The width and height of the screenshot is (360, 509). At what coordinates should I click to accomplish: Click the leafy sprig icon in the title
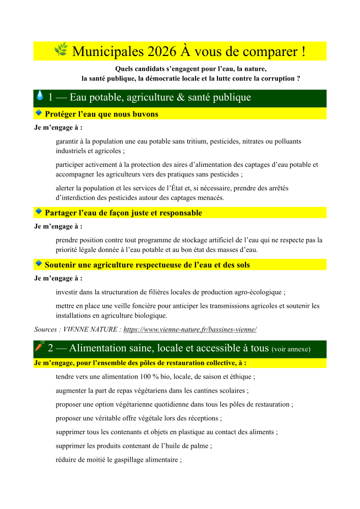tap(61, 50)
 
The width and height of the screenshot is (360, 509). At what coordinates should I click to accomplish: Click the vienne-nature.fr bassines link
tap(190, 329)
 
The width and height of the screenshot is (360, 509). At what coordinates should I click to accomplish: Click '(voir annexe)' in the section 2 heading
tap(291, 349)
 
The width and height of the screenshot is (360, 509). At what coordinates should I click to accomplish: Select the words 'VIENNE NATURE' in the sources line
tap(91, 329)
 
